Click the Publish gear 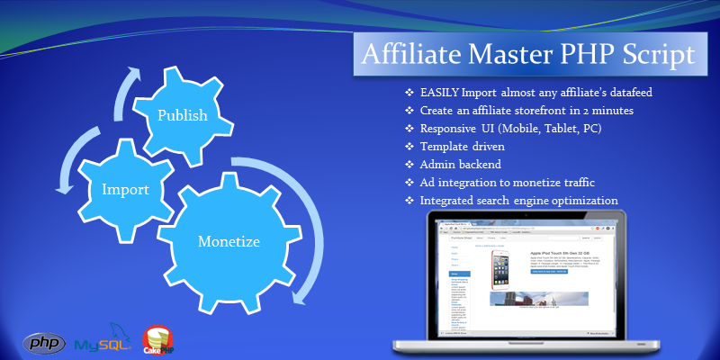click(183, 115)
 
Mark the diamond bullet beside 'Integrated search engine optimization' click(409, 199)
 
